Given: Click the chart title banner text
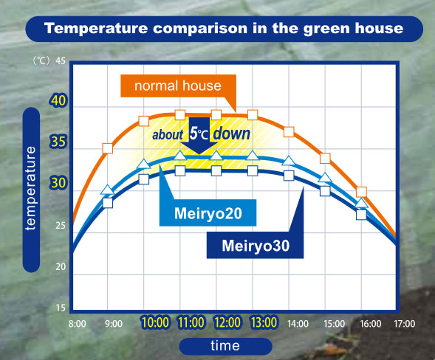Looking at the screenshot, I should (224, 30).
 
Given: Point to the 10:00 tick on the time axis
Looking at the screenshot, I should (156, 323).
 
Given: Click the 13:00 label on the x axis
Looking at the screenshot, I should (264, 323).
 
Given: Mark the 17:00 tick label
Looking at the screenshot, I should (403, 323).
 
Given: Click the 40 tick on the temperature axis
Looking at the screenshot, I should (58, 101).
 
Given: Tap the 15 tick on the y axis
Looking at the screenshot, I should (61, 308).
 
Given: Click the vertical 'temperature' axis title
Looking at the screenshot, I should (30, 188).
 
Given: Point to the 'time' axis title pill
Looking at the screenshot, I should (220, 345).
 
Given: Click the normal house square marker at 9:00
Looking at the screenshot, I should (108, 148).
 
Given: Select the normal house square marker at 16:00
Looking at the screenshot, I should (361, 192).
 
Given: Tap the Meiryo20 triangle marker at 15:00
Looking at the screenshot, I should (325, 178).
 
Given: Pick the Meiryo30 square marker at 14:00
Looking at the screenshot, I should (289, 176).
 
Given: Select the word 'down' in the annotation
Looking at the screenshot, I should (233, 135).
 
